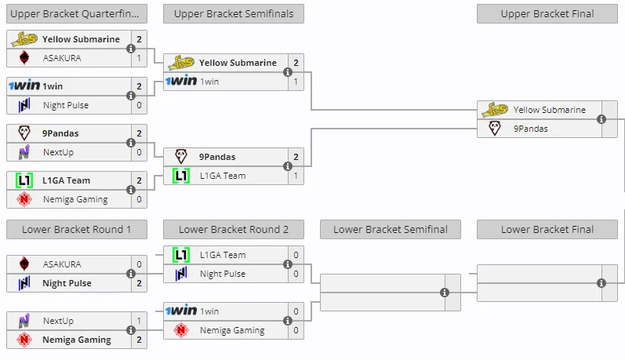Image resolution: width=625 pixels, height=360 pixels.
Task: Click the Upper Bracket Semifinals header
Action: (234, 13)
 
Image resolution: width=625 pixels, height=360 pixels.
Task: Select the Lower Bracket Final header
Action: (547, 229)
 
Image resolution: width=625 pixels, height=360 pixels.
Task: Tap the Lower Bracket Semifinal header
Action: (391, 229)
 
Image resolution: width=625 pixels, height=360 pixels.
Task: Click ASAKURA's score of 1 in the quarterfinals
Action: (139, 58)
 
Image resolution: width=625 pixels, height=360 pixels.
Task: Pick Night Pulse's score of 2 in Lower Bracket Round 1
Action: (139, 283)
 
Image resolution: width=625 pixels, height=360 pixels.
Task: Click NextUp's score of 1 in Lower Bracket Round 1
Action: (139, 321)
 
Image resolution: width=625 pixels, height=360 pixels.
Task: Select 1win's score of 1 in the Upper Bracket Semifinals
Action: (296, 82)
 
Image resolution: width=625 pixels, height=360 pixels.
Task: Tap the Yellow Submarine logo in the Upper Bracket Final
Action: (495, 110)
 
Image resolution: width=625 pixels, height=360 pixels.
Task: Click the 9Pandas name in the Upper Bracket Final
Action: (531, 129)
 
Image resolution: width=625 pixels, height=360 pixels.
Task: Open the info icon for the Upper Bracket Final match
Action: (601, 119)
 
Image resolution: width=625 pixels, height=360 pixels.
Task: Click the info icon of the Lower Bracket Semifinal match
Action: (445, 293)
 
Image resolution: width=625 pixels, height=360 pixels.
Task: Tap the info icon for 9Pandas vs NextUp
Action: (131, 143)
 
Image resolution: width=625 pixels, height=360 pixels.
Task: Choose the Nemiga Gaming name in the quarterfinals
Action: (75, 199)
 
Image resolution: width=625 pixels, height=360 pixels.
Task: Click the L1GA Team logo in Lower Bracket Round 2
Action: (181, 255)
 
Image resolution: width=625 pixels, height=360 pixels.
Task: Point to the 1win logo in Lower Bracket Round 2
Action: (181, 311)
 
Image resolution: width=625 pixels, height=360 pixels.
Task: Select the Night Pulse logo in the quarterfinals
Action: (24, 105)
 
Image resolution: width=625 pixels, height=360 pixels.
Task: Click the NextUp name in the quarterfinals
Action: (58, 152)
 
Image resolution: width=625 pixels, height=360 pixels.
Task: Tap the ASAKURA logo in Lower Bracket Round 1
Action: (24, 264)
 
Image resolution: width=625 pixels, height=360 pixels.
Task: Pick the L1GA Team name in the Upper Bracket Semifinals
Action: (223, 176)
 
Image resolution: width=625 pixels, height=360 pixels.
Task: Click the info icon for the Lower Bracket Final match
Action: (601, 283)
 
